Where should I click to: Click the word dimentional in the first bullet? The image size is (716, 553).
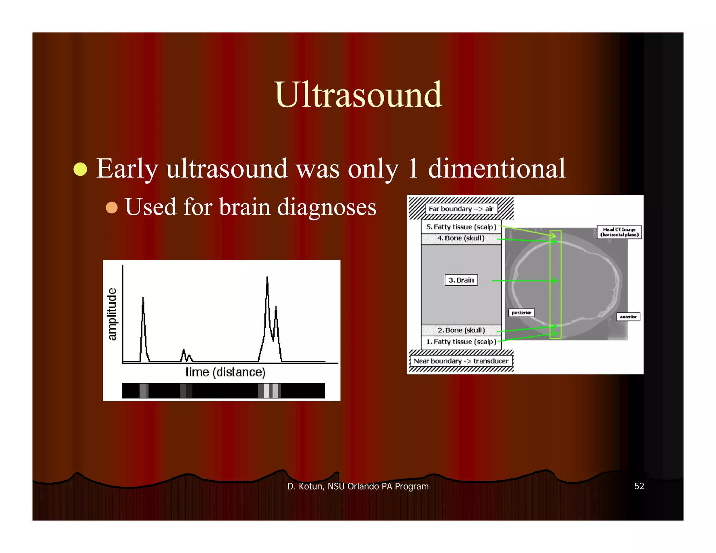point(496,168)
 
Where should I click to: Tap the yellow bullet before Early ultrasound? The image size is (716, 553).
point(80,169)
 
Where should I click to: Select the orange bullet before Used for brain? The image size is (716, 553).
point(112,207)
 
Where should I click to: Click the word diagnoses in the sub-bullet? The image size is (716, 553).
point(327,207)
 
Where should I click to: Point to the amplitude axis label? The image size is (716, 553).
point(112,314)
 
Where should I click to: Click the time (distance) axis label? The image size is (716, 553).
point(225,372)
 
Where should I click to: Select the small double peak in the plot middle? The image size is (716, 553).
point(186,355)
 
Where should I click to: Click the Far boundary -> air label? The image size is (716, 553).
point(461,209)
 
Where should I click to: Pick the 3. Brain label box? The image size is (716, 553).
point(461,280)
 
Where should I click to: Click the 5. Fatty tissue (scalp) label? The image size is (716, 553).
point(461,227)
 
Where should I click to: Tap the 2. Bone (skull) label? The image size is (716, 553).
point(461,330)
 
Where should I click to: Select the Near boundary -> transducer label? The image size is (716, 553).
point(461,361)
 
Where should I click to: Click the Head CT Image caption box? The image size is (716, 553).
point(619,232)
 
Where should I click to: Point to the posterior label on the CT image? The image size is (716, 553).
point(521,313)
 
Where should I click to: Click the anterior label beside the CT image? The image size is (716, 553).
point(628,317)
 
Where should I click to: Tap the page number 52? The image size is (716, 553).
point(639,486)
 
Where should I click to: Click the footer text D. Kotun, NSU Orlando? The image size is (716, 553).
point(358,486)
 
